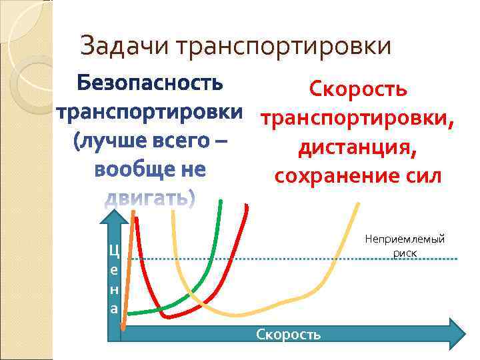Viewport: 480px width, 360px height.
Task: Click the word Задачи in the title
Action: point(125,47)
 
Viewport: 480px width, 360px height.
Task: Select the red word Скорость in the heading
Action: point(358,89)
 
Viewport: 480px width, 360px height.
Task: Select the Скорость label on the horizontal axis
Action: point(288,334)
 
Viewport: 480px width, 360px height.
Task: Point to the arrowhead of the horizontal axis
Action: point(458,333)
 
